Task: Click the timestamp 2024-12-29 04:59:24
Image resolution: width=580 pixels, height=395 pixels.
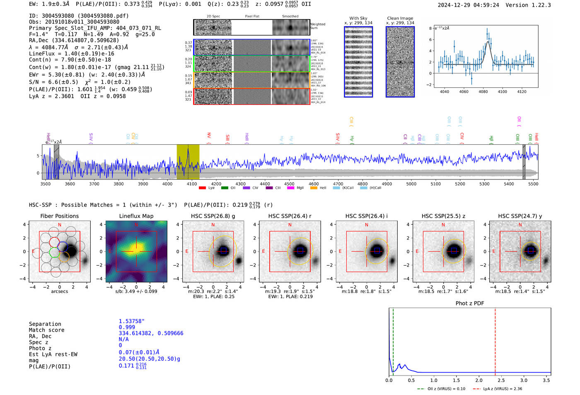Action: coord(468,5)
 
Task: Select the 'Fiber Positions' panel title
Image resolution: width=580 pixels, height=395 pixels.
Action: coord(59,216)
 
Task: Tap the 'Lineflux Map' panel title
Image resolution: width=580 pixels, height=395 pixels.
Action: coord(136,216)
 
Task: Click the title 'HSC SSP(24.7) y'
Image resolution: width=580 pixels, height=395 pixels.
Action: coord(520,216)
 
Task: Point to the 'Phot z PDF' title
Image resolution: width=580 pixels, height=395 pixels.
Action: coord(470,303)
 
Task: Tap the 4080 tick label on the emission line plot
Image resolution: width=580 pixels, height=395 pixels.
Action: coord(483,92)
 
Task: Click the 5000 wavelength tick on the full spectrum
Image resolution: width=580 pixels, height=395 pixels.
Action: coord(411,184)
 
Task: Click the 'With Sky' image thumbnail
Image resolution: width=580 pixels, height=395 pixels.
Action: coord(358,62)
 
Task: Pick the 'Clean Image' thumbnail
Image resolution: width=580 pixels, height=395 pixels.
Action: coord(400,62)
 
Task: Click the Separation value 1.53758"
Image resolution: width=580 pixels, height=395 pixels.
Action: coord(132,321)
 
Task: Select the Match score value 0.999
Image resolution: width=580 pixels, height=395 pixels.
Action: coord(127,327)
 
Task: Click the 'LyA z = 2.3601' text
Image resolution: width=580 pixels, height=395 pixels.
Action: coord(51,96)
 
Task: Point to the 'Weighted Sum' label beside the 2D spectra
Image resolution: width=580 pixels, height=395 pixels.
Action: coord(318,26)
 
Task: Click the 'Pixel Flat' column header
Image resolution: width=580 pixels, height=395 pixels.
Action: coord(252,16)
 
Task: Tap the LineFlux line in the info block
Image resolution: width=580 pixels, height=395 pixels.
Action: coord(71,53)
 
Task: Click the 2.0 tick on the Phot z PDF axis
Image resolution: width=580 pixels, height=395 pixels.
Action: coord(479,380)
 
